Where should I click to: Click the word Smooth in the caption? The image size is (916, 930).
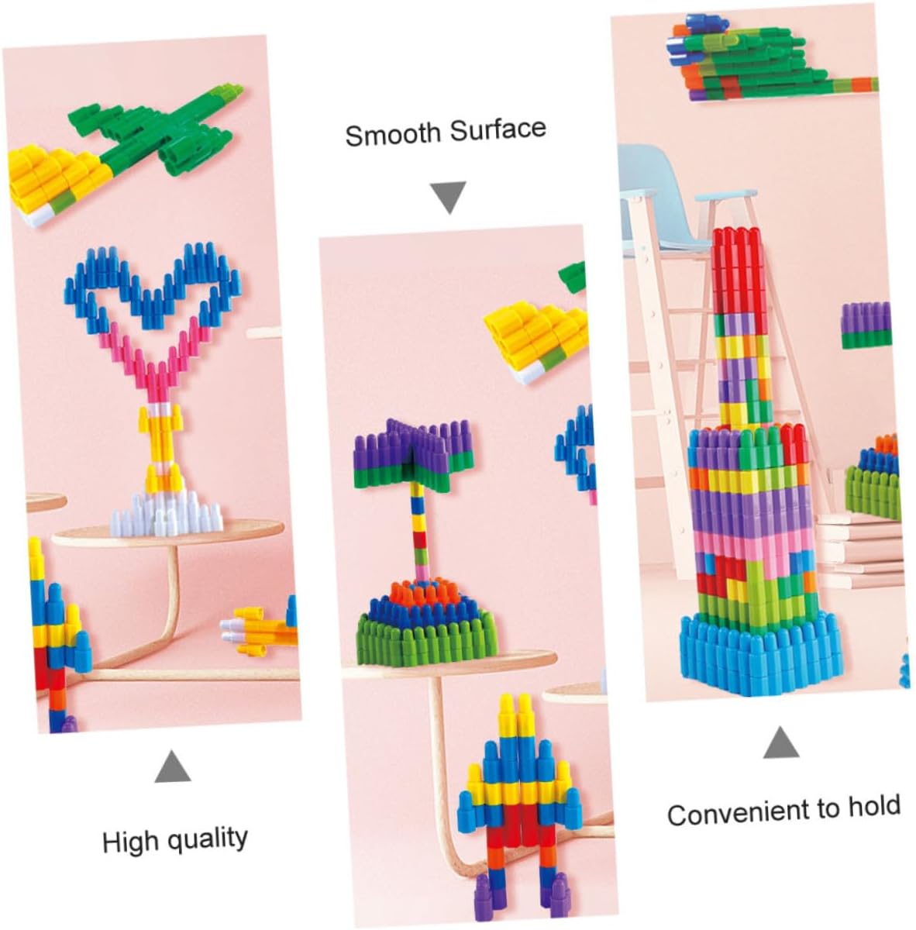coord(392,134)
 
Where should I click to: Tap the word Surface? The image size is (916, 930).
coord(498,129)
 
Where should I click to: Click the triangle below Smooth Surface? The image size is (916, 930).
coord(449,196)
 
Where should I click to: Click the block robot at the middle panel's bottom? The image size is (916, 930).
coord(516,806)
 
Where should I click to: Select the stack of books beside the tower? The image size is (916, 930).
coord(860,550)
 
